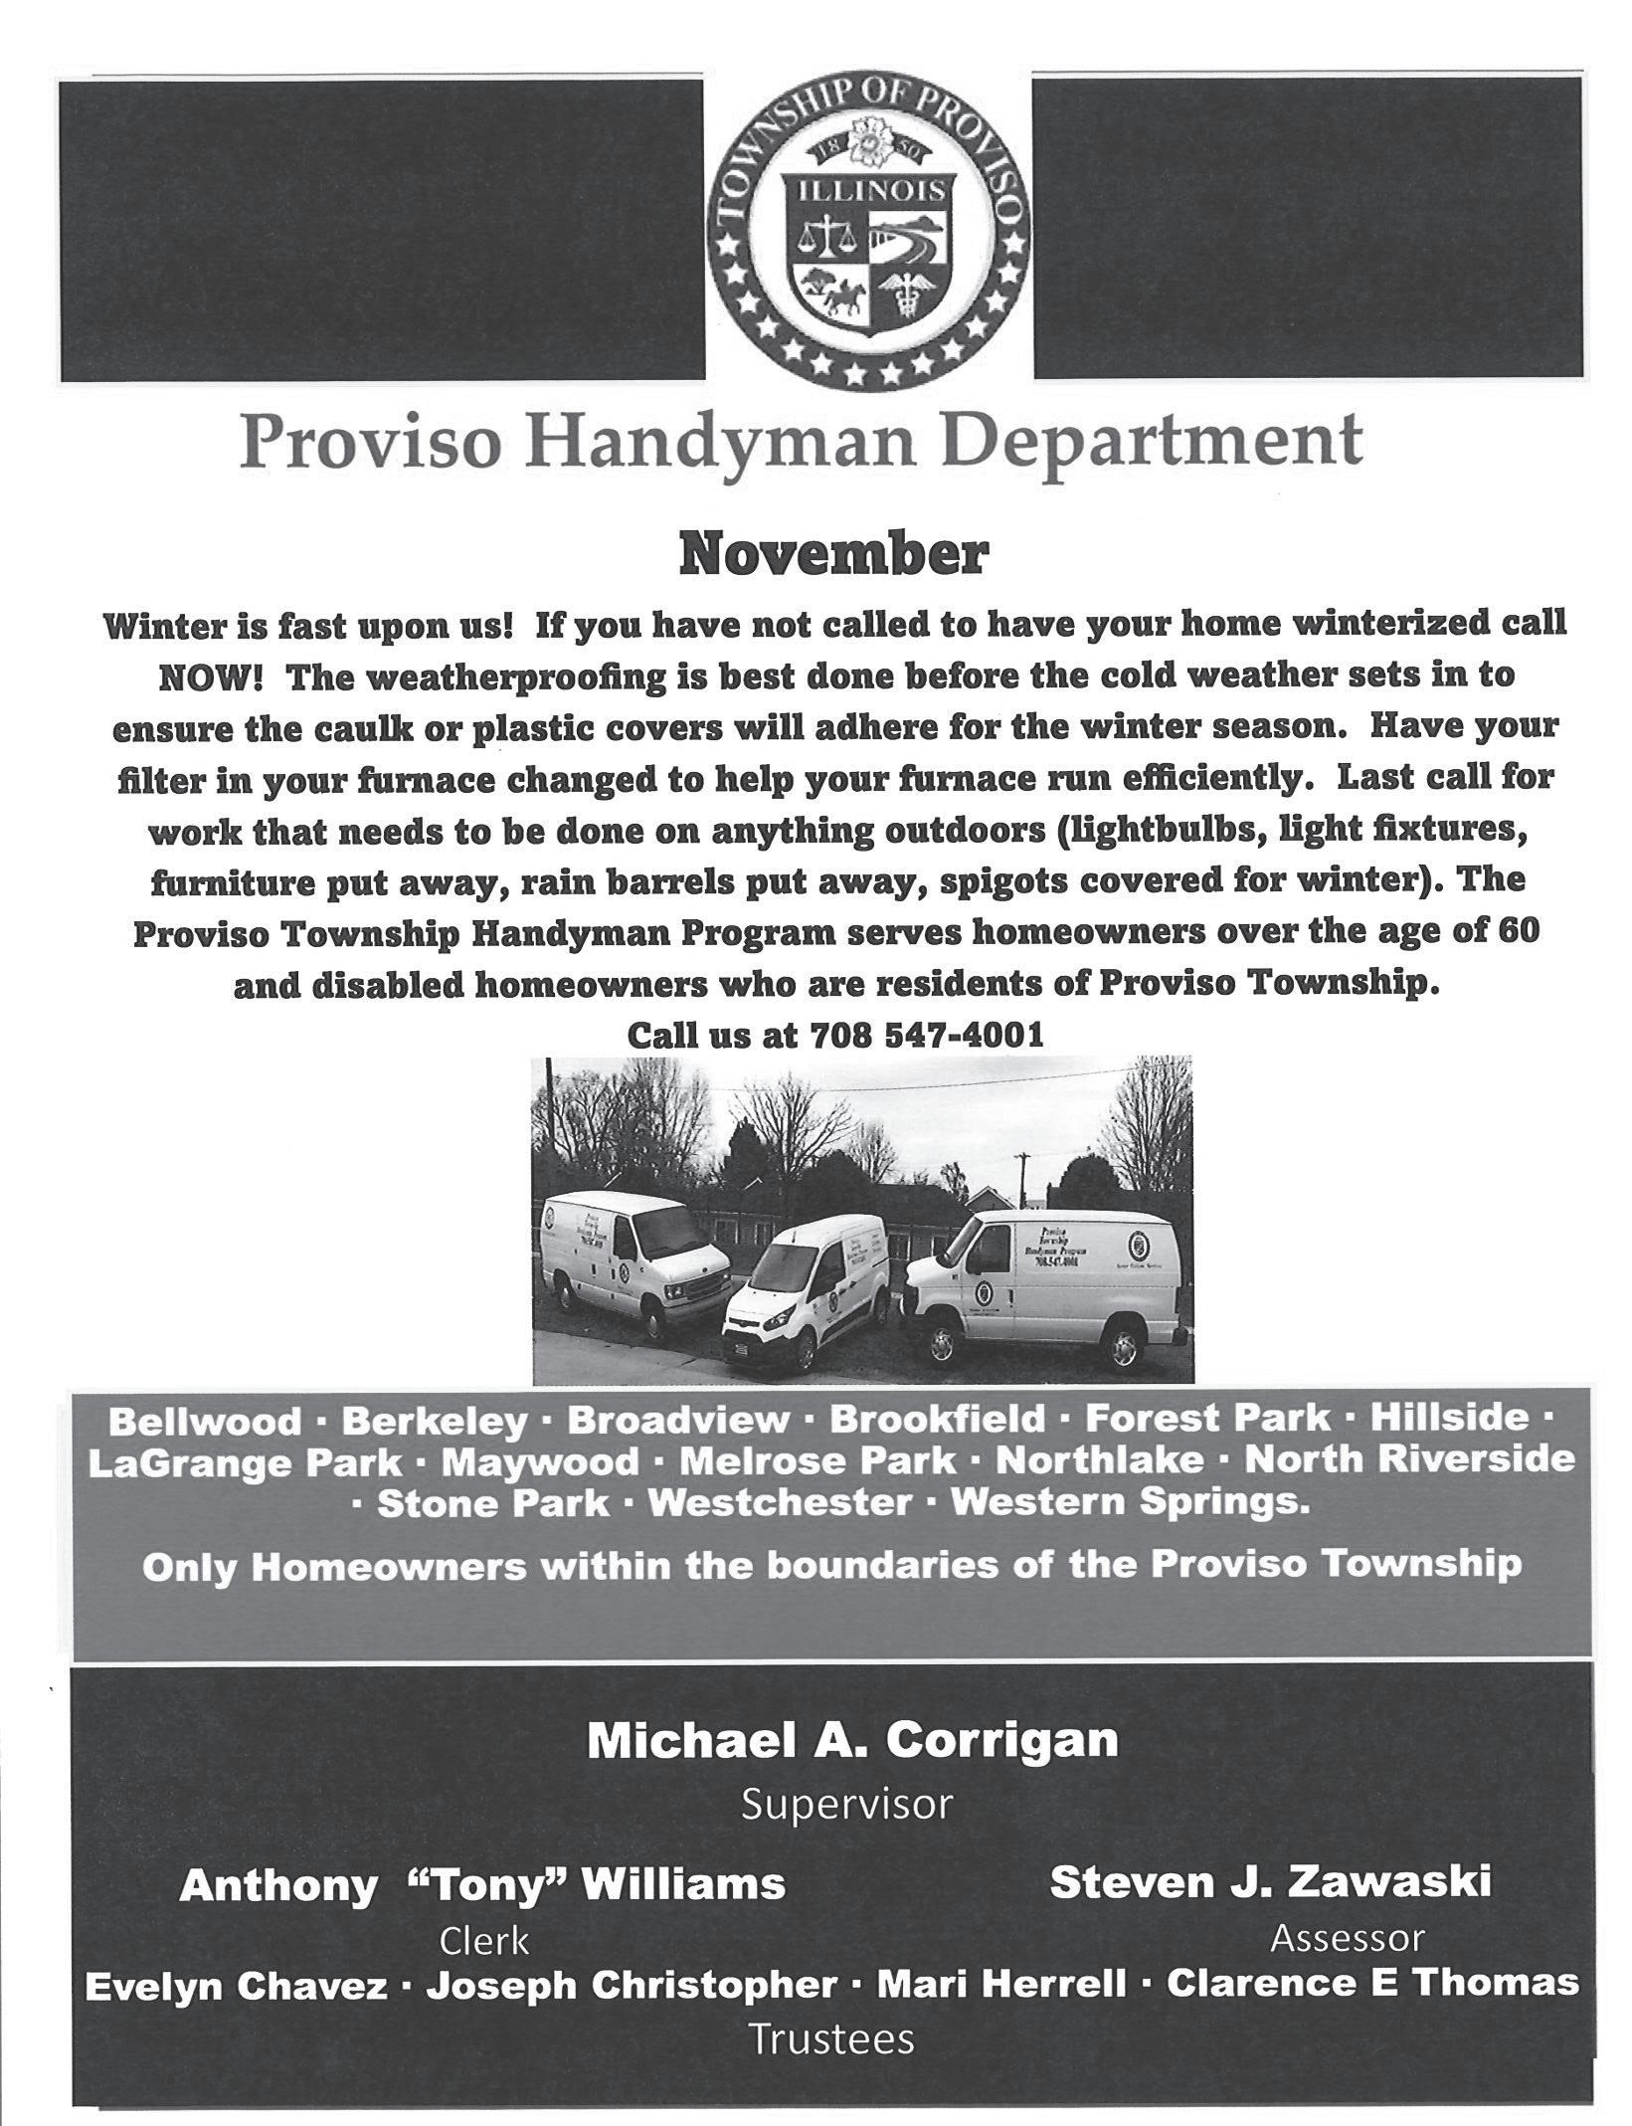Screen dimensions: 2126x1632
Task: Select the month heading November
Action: click(x=833, y=558)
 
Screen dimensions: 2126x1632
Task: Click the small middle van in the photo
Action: click(x=808, y=1293)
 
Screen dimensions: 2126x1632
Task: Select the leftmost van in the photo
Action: click(x=622, y=1258)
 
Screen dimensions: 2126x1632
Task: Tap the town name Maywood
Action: click(x=540, y=1462)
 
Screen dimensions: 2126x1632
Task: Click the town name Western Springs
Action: click(x=1130, y=1502)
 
